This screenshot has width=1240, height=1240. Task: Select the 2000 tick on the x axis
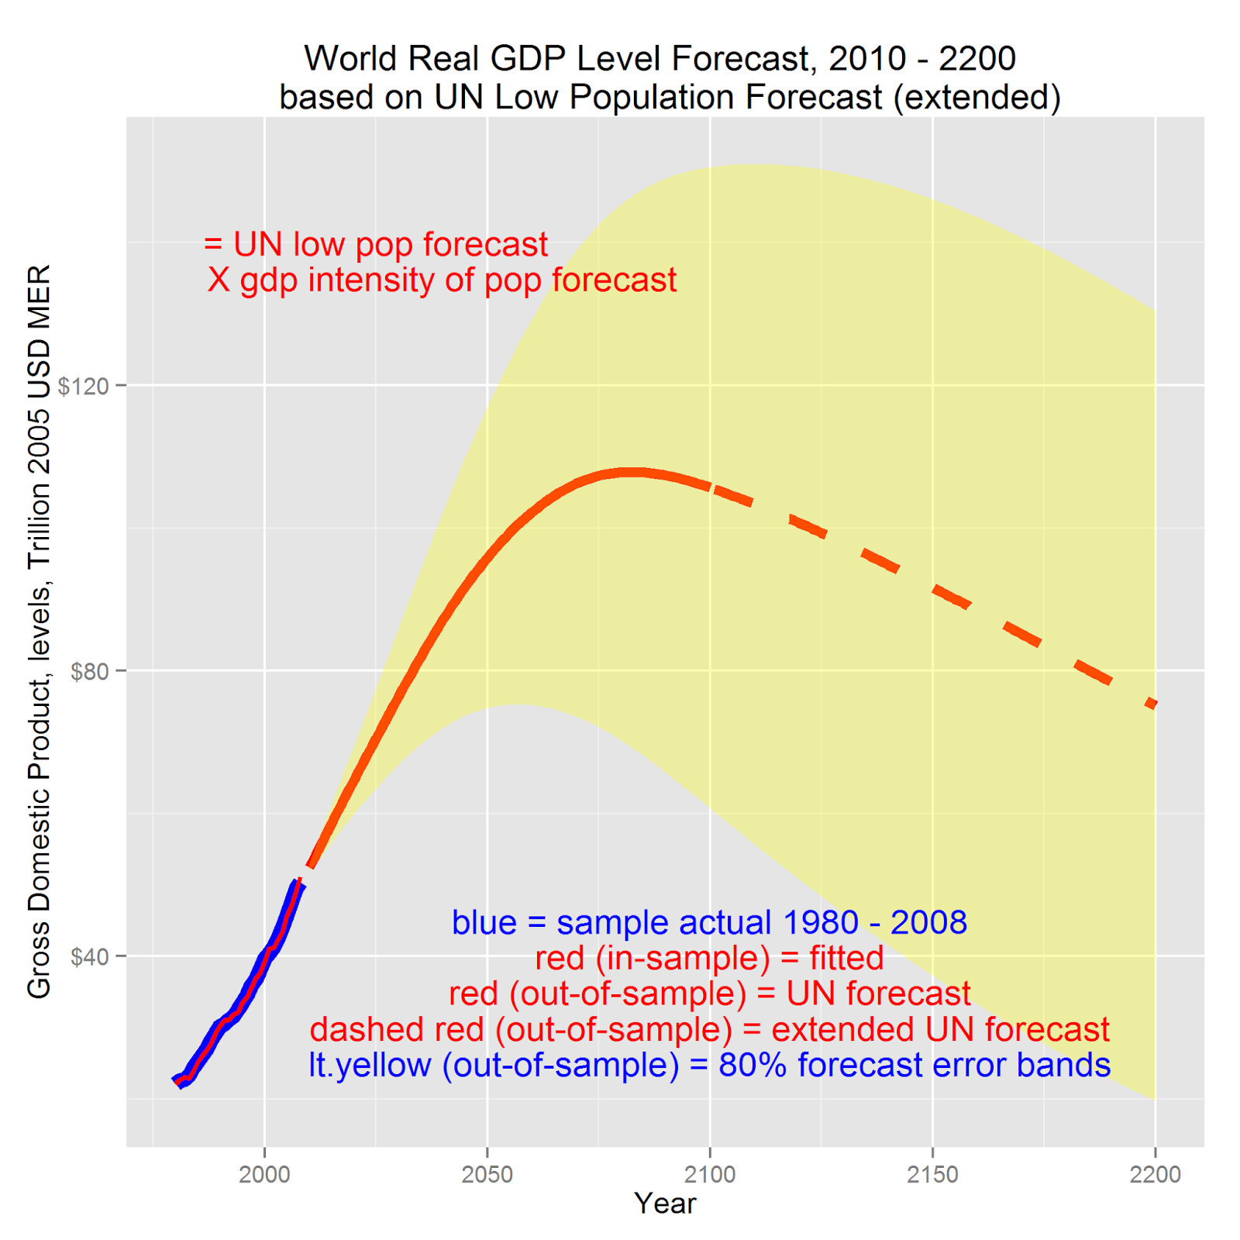click(264, 1175)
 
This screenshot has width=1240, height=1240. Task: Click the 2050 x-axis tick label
click(487, 1175)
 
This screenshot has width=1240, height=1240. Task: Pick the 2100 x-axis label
click(709, 1175)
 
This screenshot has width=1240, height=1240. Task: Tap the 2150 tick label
click(932, 1175)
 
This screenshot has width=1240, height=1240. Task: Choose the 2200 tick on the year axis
click(1155, 1175)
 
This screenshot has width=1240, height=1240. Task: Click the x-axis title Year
click(665, 1204)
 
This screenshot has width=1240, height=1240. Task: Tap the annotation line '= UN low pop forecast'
click(376, 244)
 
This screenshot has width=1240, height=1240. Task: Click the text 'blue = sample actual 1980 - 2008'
click(709, 922)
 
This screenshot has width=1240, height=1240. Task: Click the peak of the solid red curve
click(632, 472)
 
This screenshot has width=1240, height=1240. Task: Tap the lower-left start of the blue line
click(178, 1082)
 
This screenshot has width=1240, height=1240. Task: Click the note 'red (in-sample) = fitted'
click(709, 958)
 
